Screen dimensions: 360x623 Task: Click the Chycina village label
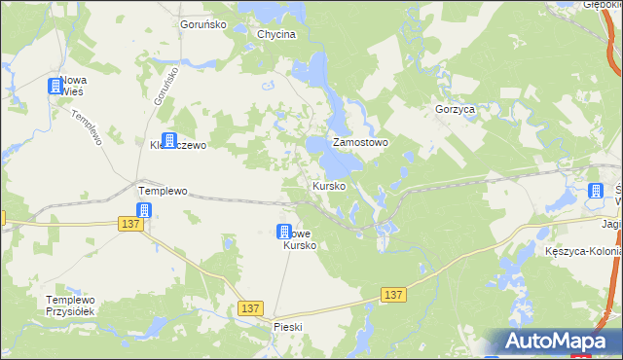pyautogui.click(x=276, y=34)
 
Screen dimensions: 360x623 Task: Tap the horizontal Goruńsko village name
pyautogui.click(x=203, y=24)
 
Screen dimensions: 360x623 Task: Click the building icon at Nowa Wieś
pyautogui.click(x=55, y=87)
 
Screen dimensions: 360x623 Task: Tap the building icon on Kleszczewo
pyautogui.click(x=168, y=141)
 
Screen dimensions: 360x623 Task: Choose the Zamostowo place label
pyautogui.click(x=361, y=142)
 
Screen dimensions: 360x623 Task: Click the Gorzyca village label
pyautogui.click(x=456, y=110)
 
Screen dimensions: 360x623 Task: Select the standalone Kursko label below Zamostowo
pyautogui.click(x=328, y=186)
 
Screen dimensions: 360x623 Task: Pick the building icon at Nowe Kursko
pyautogui.click(x=284, y=233)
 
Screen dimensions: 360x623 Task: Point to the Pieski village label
pyautogui.click(x=290, y=327)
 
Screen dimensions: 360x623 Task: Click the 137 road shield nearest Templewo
pyautogui.click(x=131, y=224)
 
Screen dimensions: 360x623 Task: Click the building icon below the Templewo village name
pyautogui.click(x=144, y=211)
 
